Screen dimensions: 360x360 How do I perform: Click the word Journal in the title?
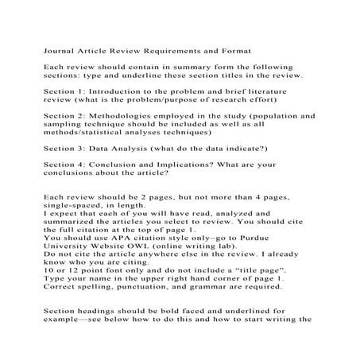click(60, 48)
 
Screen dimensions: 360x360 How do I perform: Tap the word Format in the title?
click(233, 48)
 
